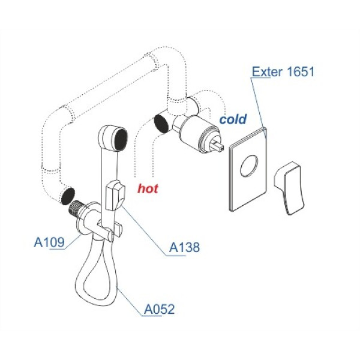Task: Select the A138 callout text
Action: pos(185,247)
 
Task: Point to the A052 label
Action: pos(159,310)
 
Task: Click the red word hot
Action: pos(148,188)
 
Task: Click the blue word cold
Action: pos(233,119)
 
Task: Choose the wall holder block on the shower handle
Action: pos(114,195)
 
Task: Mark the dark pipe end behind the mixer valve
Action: pos(161,122)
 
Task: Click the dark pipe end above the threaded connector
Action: pos(67,196)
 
